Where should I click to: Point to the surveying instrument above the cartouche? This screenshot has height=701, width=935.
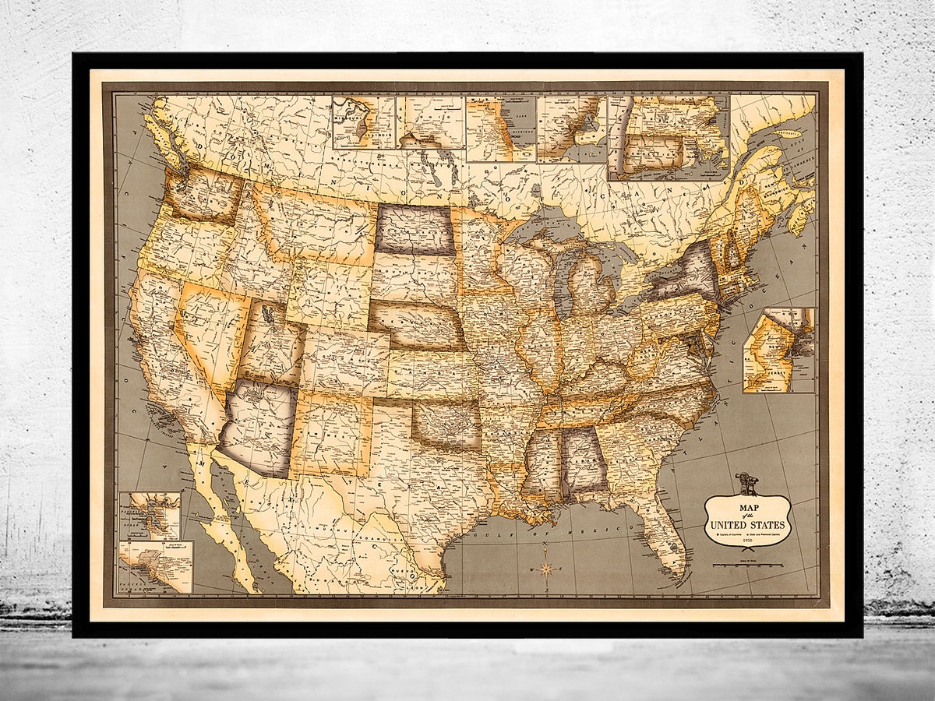tap(739, 482)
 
